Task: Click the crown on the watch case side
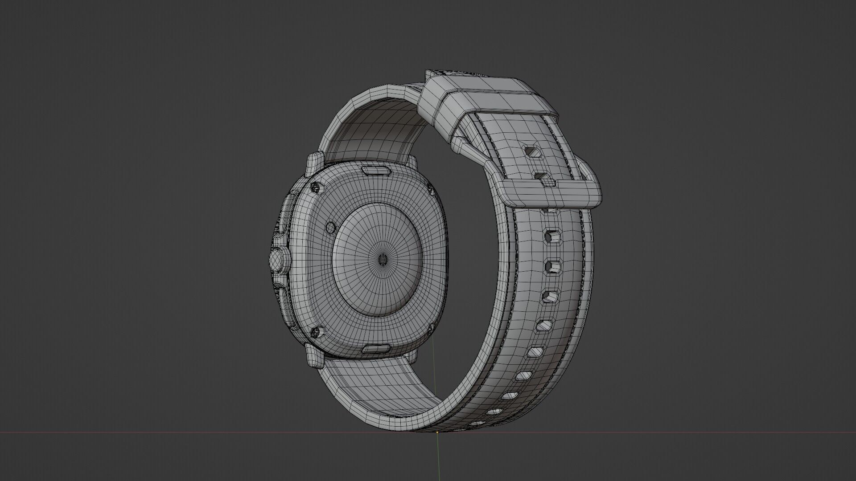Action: [276, 259]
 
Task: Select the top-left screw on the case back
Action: [316, 187]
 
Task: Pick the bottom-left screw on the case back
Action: [317, 331]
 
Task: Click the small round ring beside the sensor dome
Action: [330, 228]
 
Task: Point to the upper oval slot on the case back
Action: [376, 170]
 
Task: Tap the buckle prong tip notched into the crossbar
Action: [548, 181]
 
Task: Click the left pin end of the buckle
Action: [460, 145]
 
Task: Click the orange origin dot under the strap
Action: [437, 432]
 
